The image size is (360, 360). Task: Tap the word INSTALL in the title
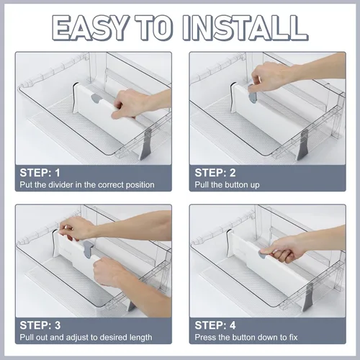[245, 28]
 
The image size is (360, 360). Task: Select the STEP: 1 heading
[40, 173]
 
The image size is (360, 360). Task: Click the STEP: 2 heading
[215, 173]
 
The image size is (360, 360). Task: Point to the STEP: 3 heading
[40, 325]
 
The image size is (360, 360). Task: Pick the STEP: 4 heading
[215, 325]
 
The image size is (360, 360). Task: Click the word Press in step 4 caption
[204, 338]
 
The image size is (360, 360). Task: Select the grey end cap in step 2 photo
[302, 145]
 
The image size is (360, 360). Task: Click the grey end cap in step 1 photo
[145, 145]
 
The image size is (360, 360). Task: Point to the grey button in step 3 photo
[88, 250]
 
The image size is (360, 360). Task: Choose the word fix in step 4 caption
[293, 338]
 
